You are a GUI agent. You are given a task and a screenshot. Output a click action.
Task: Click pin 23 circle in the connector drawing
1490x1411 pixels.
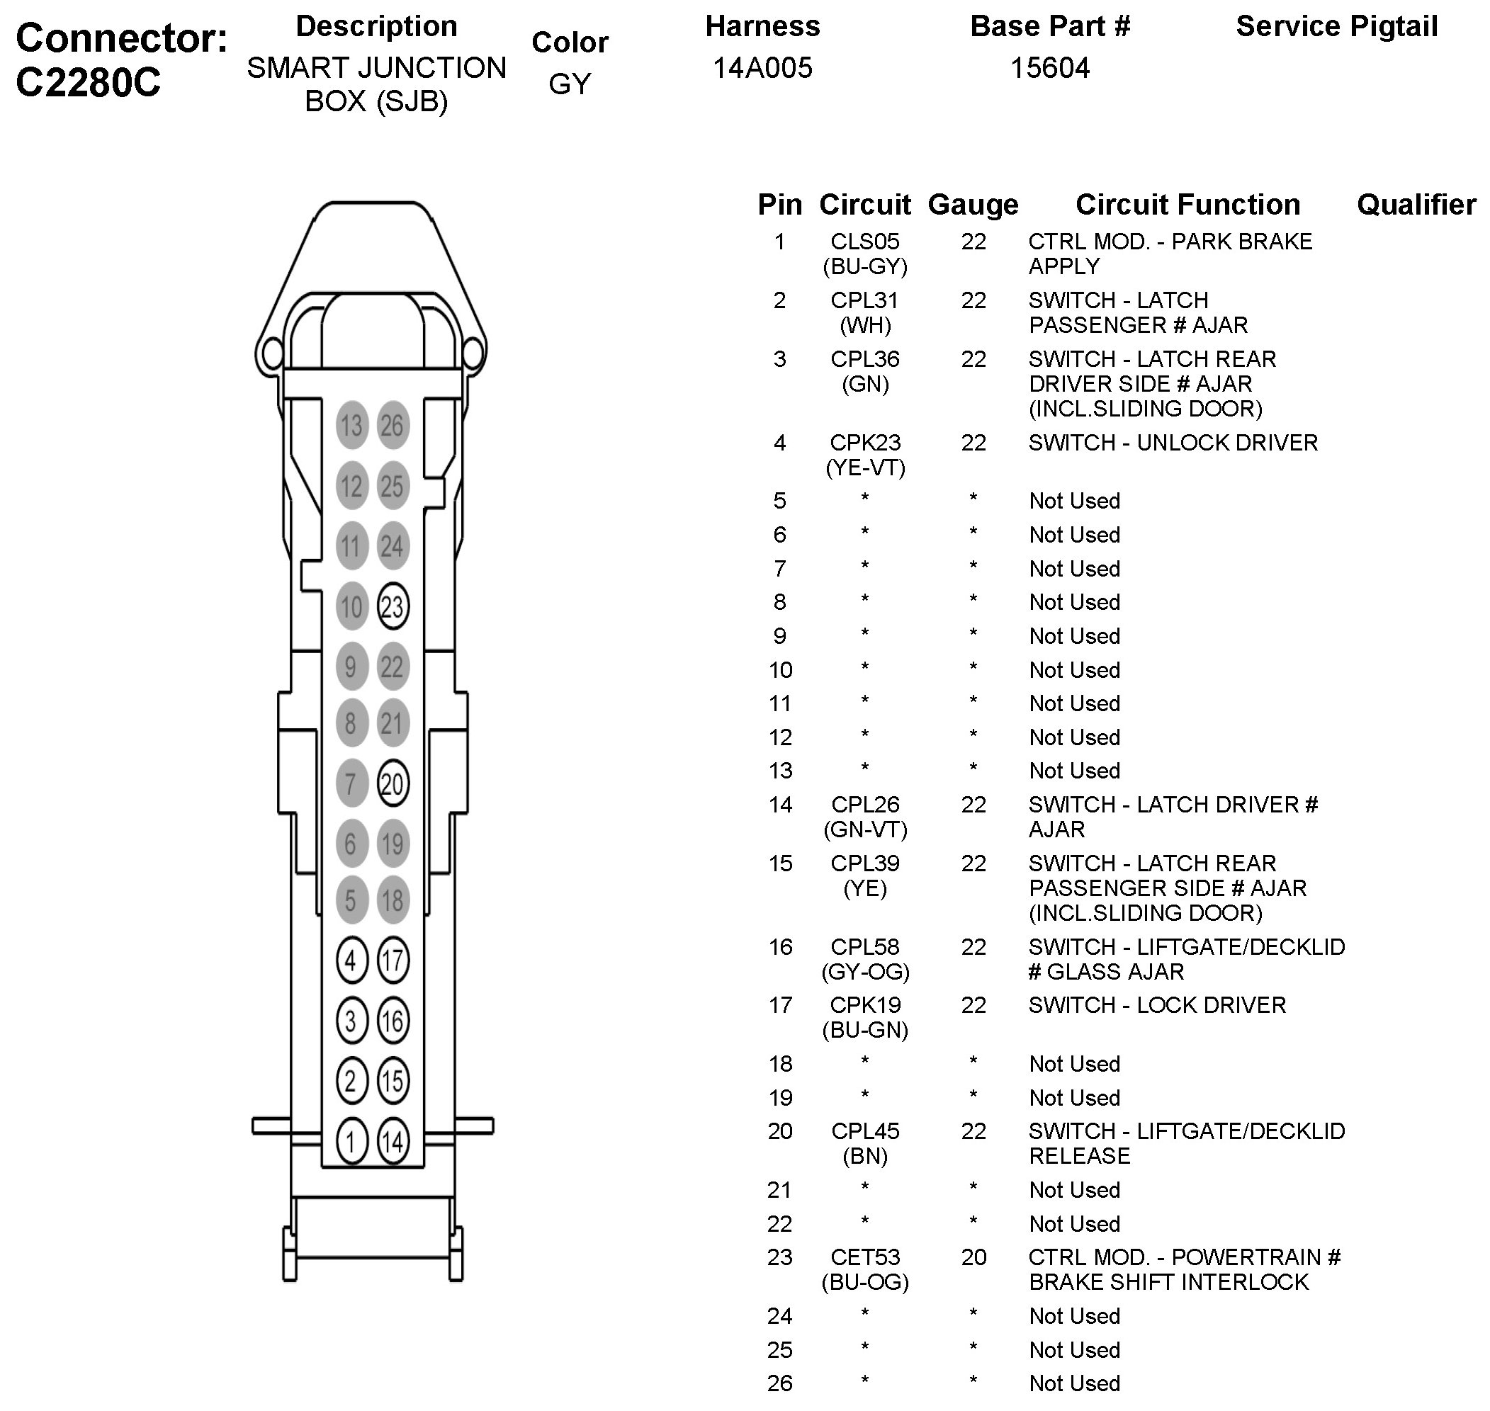pos(393,606)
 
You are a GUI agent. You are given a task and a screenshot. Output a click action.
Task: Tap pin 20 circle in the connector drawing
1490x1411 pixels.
pos(393,783)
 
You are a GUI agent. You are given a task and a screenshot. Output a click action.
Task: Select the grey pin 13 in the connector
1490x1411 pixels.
pos(351,426)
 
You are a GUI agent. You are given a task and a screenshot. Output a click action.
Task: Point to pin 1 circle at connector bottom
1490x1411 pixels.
pos(351,1142)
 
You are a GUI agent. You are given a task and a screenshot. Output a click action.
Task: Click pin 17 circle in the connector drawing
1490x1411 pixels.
pos(393,960)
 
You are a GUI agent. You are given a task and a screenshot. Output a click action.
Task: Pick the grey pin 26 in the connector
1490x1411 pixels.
pos(392,426)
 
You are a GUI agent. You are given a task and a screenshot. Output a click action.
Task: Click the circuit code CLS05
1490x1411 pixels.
pos(865,242)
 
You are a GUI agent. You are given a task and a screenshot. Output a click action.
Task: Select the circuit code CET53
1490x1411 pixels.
pos(865,1257)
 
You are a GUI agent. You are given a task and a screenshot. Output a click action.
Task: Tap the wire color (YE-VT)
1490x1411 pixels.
pos(865,467)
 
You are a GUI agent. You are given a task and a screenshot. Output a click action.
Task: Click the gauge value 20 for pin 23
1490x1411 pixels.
pos(973,1257)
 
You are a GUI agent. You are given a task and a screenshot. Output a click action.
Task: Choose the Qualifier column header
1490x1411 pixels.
pos(1416,205)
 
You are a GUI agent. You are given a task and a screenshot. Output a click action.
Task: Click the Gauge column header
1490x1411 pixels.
pos(973,205)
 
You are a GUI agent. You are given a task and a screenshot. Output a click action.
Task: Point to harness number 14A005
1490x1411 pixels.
pos(762,69)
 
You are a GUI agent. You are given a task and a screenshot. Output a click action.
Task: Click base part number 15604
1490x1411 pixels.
pos(1050,69)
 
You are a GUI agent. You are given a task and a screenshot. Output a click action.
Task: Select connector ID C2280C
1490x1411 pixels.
pos(88,82)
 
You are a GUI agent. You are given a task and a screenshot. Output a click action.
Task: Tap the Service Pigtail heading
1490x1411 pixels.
pos(1336,26)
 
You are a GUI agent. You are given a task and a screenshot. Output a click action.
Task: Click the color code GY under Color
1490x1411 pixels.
pos(570,84)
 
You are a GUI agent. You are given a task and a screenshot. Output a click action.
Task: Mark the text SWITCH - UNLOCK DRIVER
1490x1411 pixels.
pos(1173,442)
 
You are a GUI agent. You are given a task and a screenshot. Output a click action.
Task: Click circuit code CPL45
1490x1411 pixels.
pos(865,1130)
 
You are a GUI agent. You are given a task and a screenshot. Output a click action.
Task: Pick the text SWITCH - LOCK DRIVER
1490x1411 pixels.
pos(1158,1005)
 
